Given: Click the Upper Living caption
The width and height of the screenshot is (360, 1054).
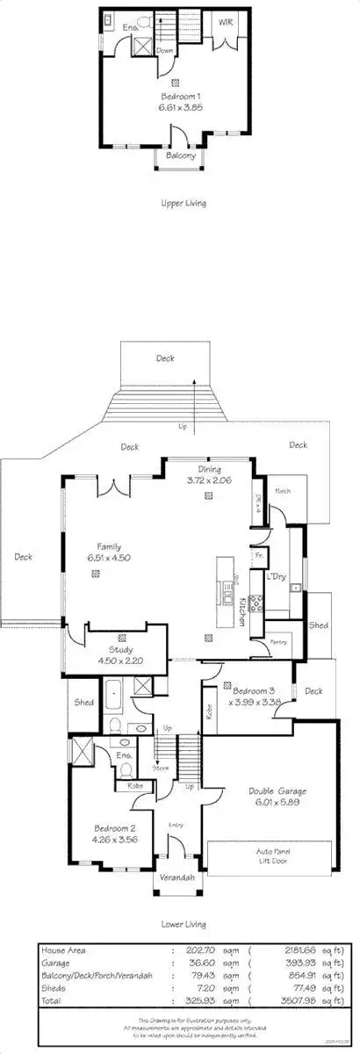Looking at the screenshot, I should point(184,203).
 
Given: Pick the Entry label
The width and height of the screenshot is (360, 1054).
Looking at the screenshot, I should point(176,823).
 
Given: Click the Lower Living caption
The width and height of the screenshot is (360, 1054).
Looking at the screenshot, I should point(184,924).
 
